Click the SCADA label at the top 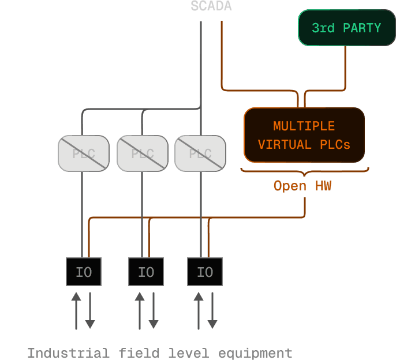coord(211,7)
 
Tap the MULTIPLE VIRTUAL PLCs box coord(304,135)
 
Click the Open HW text coord(302,186)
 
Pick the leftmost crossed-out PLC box coord(84,153)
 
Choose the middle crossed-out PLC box coord(143,153)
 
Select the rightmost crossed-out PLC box coord(200,153)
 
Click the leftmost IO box coord(84,272)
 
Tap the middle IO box coord(146,272)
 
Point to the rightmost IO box coord(205,272)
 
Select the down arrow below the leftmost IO coord(90,312)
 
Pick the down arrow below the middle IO coord(153,312)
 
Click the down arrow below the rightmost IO coord(212,312)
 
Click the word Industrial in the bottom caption coord(68,352)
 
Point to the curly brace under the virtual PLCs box coord(304,171)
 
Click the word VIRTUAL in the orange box coord(285,144)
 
